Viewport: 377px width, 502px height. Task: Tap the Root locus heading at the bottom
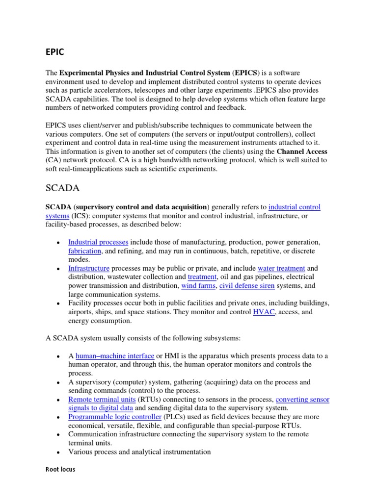click(60, 469)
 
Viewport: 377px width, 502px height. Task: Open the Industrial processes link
click(98, 242)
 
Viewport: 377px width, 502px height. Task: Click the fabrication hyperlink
click(84, 251)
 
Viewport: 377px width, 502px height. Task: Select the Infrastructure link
click(89, 269)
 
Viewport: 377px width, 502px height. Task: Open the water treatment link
click(281, 269)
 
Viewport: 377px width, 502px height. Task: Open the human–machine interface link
click(115, 356)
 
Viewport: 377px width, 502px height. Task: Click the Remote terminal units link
click(102, 400)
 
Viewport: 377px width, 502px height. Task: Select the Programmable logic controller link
click(115, 417)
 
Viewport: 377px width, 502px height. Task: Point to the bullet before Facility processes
click(58, 303)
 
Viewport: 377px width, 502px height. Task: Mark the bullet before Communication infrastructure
click(58, 435)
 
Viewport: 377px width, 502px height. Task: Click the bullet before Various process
click(58, 452)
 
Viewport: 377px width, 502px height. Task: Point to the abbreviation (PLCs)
click(178, 417)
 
